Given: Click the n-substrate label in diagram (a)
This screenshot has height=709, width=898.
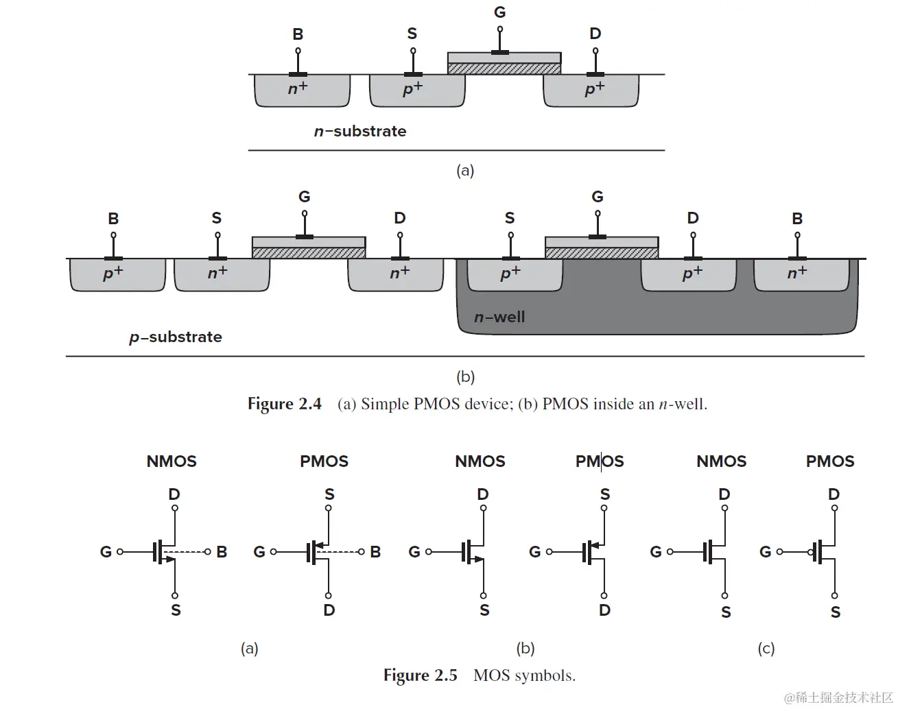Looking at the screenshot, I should (360, 131).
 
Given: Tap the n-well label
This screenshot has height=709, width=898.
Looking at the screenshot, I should (499, 317).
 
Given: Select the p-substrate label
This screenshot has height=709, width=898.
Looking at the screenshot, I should (176, 337).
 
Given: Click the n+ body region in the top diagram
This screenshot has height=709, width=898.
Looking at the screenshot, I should (298, 88).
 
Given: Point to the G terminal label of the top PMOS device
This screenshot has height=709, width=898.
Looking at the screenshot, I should (500, 12).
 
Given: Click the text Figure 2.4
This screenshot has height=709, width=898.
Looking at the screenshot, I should (284, 404).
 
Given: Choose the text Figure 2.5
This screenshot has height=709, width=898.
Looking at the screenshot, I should (420, 675).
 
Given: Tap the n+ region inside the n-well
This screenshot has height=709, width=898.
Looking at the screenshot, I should (797, 273).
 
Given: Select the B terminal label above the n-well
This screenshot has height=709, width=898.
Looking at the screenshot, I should (797, 219).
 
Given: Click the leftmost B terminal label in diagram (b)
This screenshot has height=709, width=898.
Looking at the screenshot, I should (113, 219).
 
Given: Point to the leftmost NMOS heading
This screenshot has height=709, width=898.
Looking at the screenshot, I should (172, 461).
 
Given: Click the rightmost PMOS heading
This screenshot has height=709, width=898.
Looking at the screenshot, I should (830, 461).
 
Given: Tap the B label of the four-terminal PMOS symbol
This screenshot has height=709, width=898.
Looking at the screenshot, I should (375, 552).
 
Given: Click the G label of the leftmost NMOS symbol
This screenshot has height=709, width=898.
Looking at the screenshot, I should (106, 552).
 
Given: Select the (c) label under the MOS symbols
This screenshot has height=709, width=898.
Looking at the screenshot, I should (766, 648).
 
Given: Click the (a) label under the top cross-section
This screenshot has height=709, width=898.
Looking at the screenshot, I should (465, 170).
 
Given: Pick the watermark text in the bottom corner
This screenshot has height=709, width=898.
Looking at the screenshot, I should (838, 697).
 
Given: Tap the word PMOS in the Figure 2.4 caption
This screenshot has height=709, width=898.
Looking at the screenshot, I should (437, 404).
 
